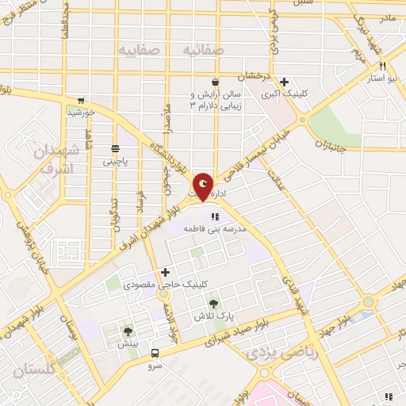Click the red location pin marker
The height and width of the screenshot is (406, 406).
tap(204, 186)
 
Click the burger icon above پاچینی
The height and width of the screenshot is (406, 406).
tap(115, 147)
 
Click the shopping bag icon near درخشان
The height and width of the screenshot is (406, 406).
tap(214, 81)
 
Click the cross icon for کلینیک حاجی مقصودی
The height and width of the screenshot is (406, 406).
tap(165, 272)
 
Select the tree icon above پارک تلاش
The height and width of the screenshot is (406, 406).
tap(213, 303)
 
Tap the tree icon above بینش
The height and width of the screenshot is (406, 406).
tap(128, 331)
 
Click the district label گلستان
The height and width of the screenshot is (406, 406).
tap(36, 370)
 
